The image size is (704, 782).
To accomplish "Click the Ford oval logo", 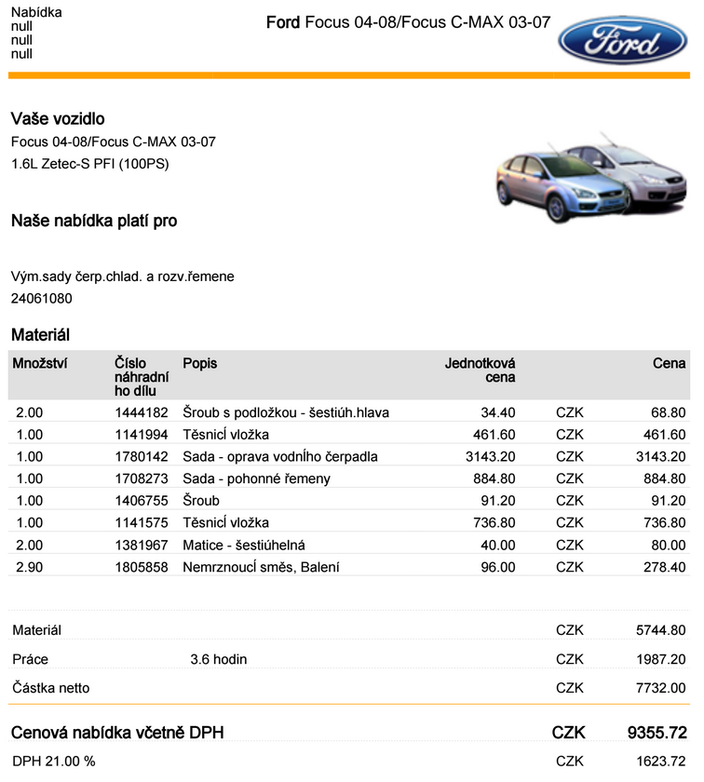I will click(623, 41).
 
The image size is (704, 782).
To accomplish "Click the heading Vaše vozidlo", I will click(58, 119).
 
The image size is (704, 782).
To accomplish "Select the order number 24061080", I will click(42, 299).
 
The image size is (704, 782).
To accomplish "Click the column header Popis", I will click(199, 363).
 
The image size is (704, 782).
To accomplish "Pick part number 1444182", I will click(142, 411).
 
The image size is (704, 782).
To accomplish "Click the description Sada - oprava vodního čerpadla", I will click(280, 456).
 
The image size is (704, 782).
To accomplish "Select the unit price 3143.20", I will click(491, 456).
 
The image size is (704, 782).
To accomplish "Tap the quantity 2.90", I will click(30, 567).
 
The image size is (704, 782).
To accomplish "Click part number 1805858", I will click(142, 567).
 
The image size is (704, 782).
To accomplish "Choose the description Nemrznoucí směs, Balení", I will click(261, 567).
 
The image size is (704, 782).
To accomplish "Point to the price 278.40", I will click(663, 567).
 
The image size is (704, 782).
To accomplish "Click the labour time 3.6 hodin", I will click(219, 659).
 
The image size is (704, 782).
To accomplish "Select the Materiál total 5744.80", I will click(661, 630).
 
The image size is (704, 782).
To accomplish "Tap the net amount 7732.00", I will click(661, 688).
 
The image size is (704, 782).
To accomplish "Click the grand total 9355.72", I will click(657, 733).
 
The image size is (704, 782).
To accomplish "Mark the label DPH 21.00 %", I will click(54, 762).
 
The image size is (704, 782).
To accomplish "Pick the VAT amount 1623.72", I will click(661, 762).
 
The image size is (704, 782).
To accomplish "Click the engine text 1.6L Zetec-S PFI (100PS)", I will click(90, 164).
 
